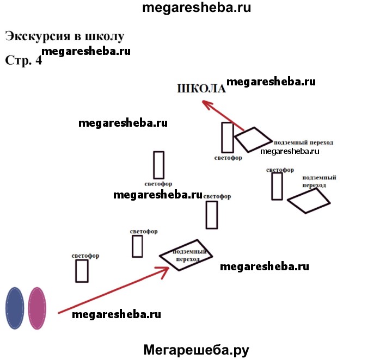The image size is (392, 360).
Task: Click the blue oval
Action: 14,308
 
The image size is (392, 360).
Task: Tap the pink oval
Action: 37,308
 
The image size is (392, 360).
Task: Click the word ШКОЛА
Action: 201,89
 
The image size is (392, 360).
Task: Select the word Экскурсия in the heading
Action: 37,36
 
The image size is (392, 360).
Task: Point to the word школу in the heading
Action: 104,36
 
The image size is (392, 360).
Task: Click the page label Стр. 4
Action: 23,60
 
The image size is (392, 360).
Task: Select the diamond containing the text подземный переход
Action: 186,255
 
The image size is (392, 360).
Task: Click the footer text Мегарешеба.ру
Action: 196,350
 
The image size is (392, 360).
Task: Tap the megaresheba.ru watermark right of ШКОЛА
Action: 271,82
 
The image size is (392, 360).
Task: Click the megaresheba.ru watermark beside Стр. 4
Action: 85,52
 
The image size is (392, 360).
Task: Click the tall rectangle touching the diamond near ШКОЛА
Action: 228,137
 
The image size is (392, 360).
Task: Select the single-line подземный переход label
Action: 303,142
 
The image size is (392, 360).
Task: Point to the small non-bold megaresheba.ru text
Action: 290,151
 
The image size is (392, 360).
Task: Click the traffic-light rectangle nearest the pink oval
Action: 82,271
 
